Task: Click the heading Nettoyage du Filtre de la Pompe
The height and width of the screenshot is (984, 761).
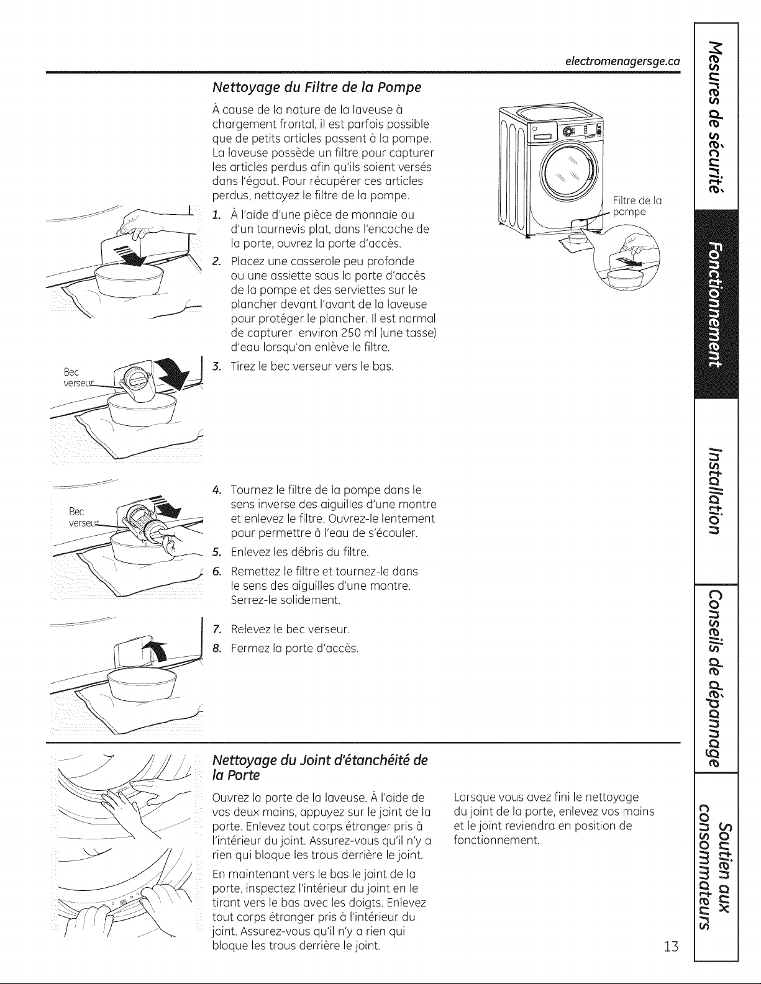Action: coord(317,87)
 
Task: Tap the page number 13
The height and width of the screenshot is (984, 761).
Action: coord(672,946)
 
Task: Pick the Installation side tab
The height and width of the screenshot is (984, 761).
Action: coord(716,491)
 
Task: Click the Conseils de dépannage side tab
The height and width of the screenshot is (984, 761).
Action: coord(716,677)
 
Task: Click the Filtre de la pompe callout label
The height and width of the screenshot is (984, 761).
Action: coord(637,206)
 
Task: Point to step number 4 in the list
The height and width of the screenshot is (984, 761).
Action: coord(217,490)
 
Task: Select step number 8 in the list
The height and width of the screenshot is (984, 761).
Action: coord(217,649)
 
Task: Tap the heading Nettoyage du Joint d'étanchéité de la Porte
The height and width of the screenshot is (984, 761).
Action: coord(320,767)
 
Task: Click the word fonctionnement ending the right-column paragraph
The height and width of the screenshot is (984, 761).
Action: coord(497,841)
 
